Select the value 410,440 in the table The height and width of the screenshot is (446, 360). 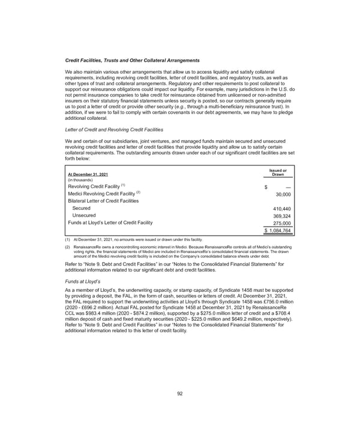281,209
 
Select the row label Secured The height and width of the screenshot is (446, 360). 82,209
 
